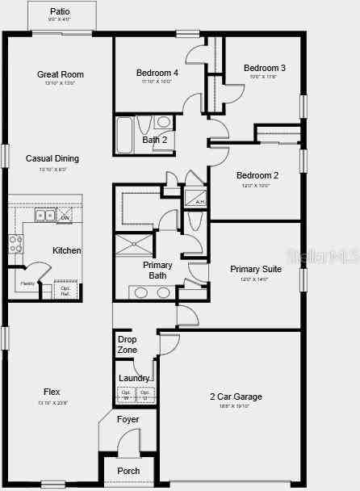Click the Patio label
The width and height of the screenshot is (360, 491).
60,12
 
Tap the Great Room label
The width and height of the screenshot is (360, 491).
61,74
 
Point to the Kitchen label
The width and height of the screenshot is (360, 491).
67,250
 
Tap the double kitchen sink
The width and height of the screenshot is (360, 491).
45,216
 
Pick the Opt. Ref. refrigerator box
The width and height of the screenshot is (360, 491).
65,290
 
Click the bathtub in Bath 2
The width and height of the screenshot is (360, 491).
125,135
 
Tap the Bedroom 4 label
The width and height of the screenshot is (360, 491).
157,73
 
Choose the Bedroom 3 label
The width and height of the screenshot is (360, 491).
265,68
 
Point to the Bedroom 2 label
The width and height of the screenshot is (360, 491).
257,175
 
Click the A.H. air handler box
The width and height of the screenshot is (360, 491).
197,199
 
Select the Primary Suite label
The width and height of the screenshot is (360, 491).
256,269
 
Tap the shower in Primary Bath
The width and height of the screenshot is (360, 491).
136,244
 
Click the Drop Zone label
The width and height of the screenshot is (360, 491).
127,345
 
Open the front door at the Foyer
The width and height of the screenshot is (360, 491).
130,445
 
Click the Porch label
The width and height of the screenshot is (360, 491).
128,471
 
